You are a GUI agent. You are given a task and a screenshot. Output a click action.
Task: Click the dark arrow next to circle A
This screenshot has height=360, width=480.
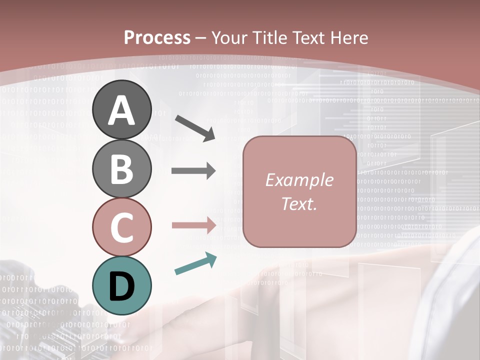(x=195, y=127)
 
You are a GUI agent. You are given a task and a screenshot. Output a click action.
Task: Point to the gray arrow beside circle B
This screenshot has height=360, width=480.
(x=193, y=171)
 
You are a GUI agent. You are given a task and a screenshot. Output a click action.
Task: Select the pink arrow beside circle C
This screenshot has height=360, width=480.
(x=193, y=225)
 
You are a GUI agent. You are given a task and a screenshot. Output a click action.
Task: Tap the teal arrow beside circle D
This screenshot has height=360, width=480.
(x=195, y=263)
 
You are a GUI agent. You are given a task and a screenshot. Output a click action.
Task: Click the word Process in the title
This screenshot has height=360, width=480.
(x=157, y=38)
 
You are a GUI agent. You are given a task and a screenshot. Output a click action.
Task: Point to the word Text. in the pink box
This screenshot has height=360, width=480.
(x=299, y=203)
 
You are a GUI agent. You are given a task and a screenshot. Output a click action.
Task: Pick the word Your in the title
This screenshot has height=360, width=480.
(x=228, y=38)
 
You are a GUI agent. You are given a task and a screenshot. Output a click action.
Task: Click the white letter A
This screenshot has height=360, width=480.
(x=121, y=110)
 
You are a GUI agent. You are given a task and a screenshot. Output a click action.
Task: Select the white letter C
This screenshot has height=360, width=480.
(x=121, y=227)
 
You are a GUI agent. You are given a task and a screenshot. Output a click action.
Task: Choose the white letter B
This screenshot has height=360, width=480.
(x=121, y=168)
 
